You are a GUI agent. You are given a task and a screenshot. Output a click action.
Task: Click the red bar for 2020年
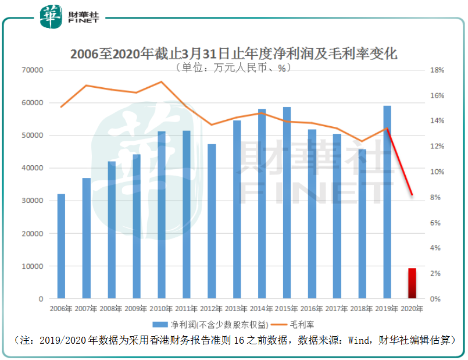point(412,283)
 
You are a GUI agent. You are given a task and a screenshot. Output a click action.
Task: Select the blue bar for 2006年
point(61,246)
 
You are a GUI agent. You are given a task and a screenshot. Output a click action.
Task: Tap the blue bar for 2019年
point(387,202)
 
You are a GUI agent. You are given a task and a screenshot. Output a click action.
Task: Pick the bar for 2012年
point(212,221)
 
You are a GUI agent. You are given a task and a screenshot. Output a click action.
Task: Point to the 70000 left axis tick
point(33,70)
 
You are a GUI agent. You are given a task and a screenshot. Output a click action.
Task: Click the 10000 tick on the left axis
point(33,266)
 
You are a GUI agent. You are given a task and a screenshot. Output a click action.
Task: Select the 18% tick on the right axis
point(437,70)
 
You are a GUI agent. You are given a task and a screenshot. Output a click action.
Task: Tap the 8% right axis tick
point(437,198)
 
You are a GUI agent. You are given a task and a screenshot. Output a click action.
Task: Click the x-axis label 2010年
point(161,309)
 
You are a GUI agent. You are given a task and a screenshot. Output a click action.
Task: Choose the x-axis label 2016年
point(312,309)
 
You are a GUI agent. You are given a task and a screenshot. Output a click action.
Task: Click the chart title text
point(234,54)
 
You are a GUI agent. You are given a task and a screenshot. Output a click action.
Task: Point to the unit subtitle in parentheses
point(234,67)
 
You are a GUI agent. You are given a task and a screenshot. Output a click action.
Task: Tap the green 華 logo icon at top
point(49,16)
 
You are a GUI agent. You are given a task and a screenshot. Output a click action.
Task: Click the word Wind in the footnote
point(357,340)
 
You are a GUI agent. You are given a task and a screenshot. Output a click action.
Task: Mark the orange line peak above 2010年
point(161,81)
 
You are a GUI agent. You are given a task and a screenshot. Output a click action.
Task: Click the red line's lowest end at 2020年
point(412,195)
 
